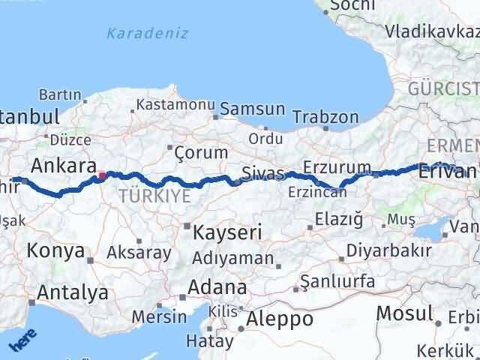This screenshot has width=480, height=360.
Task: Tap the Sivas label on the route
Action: (263, 175)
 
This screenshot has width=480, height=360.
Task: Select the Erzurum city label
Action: (337, 166)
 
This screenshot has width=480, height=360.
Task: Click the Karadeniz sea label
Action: (147, 33)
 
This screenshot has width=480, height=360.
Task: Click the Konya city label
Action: (55, 251)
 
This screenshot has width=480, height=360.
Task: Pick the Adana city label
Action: (217, 287)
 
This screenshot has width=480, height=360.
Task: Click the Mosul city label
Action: (405, 313)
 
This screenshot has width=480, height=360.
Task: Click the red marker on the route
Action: (102, 177)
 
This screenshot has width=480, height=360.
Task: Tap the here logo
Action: (22, 340)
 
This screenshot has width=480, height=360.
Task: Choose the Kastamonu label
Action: (176, 105)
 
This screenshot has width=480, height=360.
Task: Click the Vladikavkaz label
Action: (432, 31)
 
